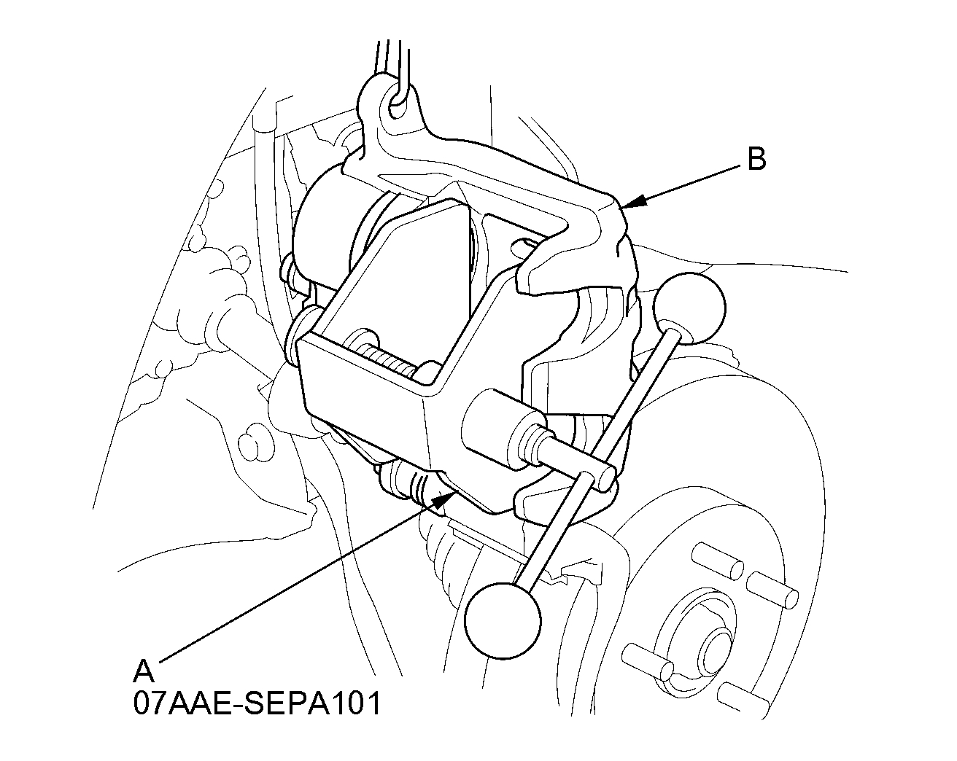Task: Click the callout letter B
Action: (756, 160)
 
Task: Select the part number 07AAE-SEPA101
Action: (257, 703)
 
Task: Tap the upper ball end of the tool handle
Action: (689, 305)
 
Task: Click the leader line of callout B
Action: (686, 184)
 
